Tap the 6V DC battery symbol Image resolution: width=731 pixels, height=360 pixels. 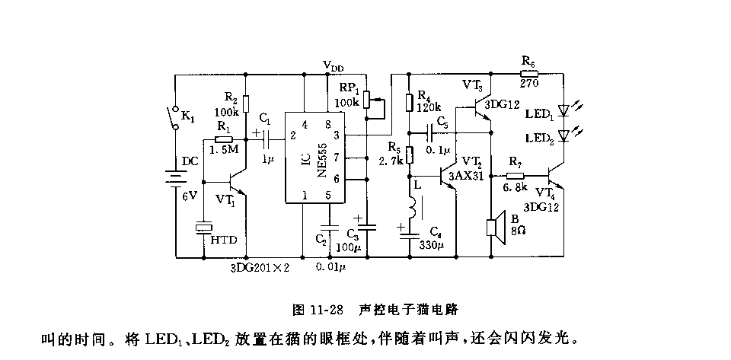coord(175,183)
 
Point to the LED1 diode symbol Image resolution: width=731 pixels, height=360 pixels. coord(564,111)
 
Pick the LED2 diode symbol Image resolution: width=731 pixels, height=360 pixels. coord(564,135)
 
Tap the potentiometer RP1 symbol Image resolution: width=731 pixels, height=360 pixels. coord(367,100)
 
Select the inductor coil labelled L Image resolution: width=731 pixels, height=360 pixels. coord(410,207)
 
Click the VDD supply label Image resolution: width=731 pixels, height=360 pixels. coord(333,65)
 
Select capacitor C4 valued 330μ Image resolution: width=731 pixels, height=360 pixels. coord(410,234)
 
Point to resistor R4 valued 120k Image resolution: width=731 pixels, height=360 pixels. coord(410,102)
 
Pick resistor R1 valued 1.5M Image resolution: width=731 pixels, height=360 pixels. coord(223,140)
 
